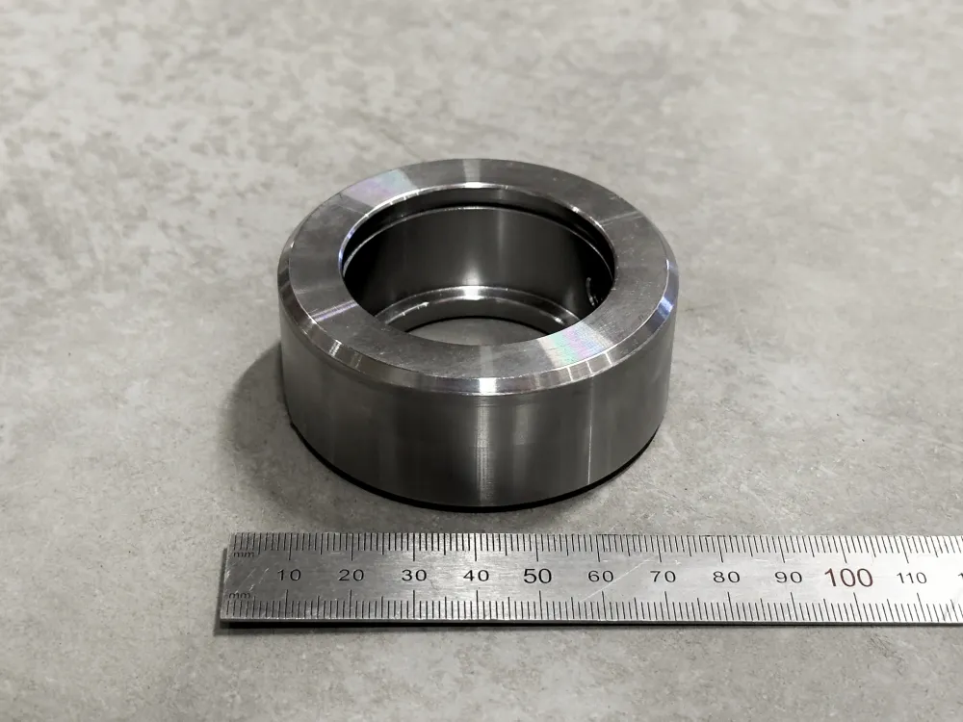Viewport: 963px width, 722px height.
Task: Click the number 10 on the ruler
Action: tap(288, 576)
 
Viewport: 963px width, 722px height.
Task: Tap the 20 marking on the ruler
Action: tap(351, 576)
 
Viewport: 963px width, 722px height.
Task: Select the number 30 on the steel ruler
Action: tap(414, 576)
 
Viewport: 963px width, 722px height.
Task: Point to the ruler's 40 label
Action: tap(476, 576)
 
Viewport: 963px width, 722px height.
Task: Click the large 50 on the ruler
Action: tap(537, 576)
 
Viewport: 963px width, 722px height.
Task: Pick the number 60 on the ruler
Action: tap(601, 576)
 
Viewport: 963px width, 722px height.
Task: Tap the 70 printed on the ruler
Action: tap(664, 577)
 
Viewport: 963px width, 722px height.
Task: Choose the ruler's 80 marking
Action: tap(726, 577)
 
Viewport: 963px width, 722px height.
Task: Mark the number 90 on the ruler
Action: tap(789, 577)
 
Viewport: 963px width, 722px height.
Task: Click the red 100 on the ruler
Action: tap(848, 578)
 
